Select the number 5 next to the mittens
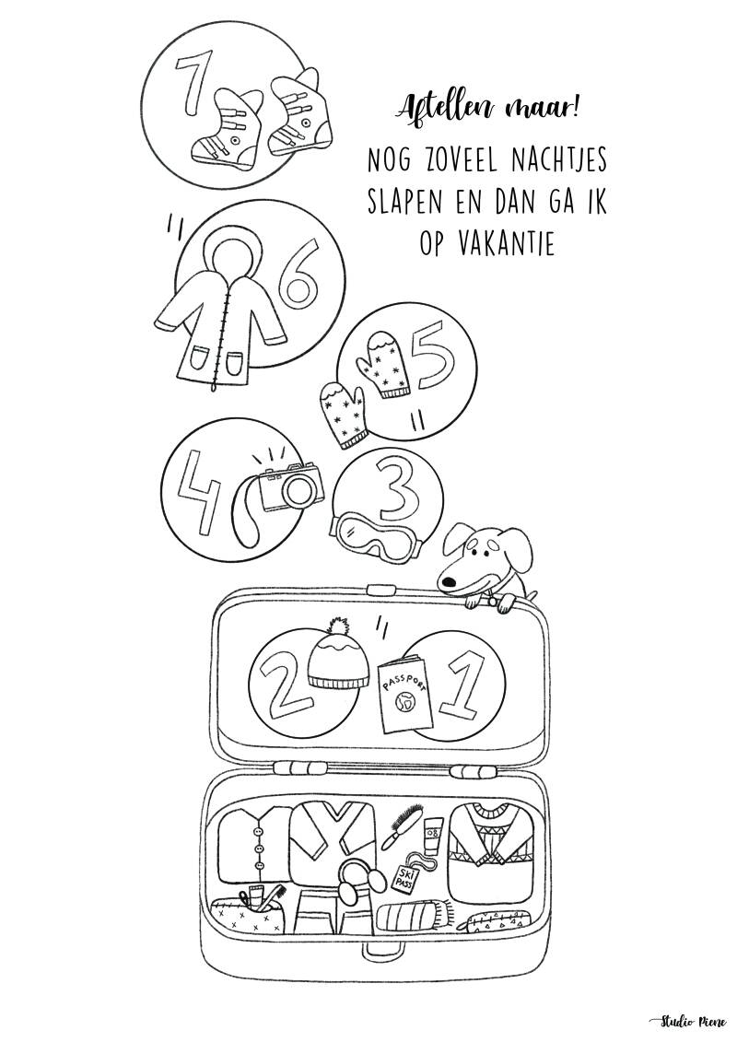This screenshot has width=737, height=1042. (433, 364)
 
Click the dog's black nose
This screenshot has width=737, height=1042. (447, 582)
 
